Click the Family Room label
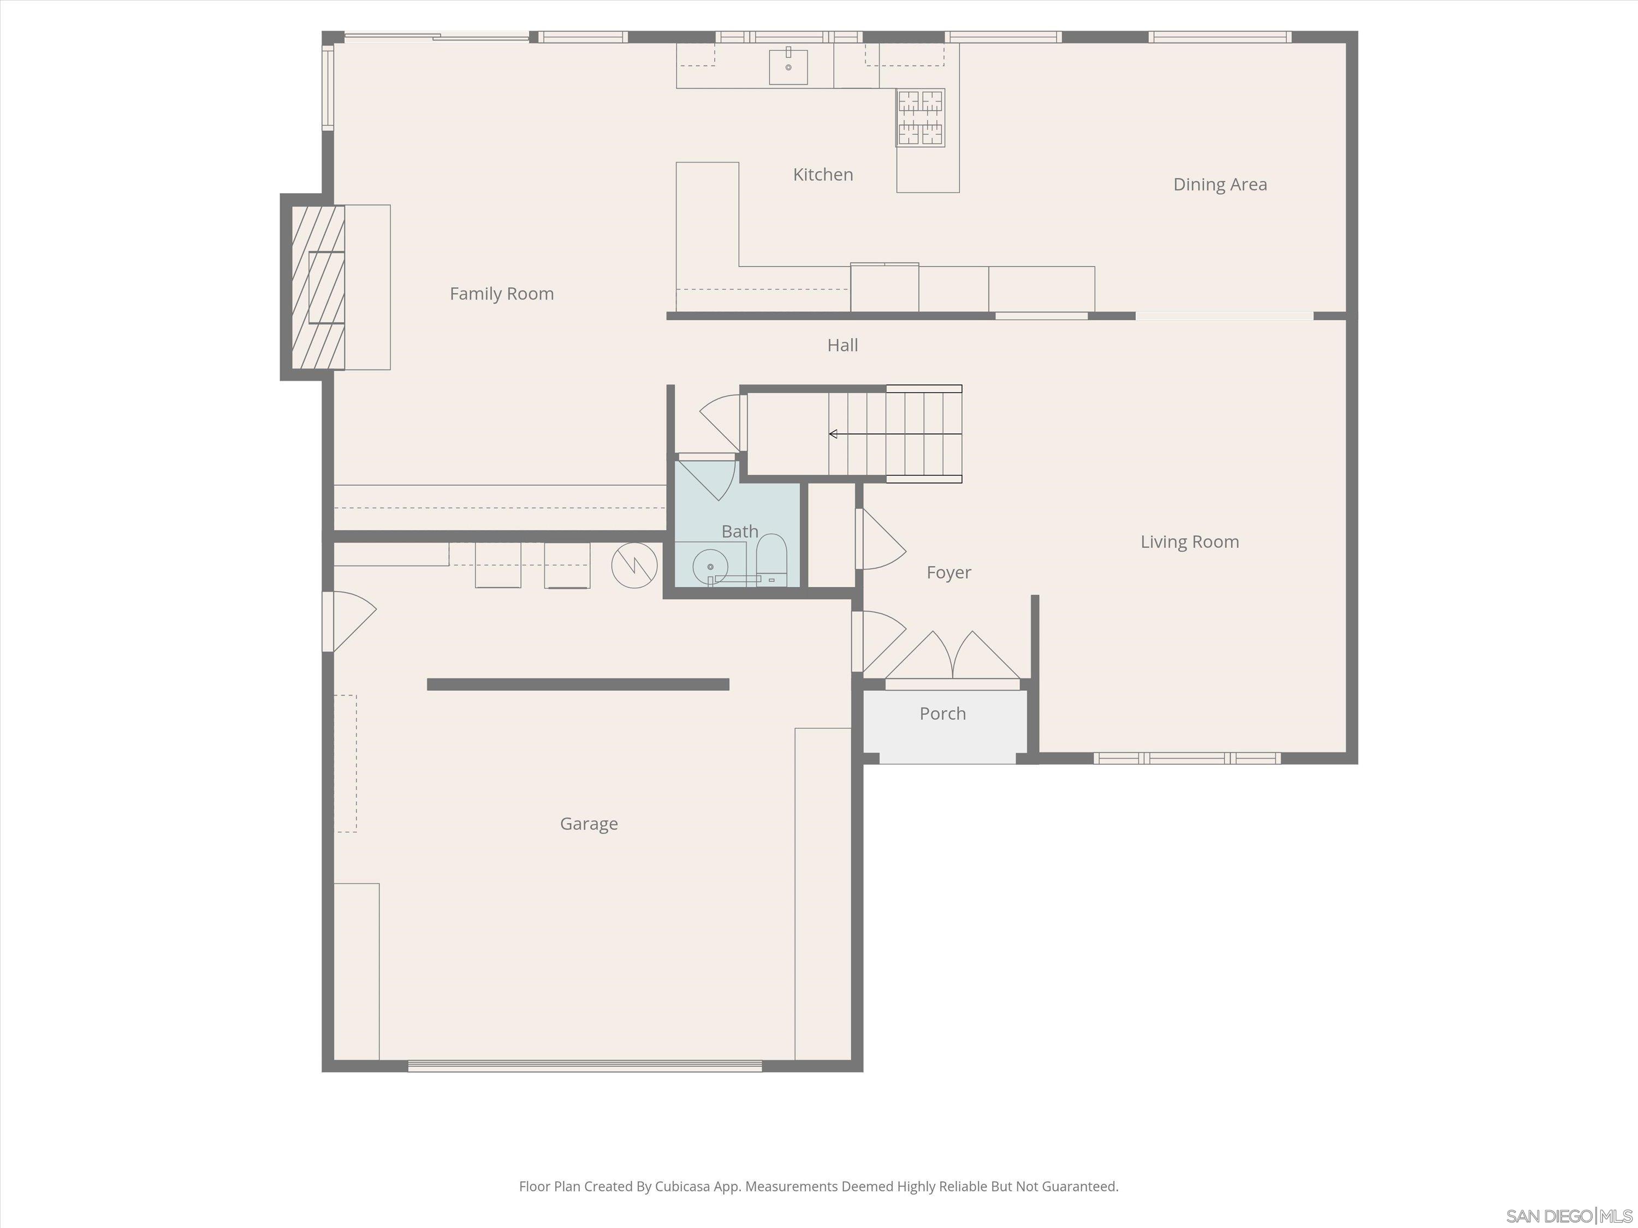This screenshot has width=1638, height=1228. click(501, 294)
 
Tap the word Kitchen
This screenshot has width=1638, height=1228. click(823, 175)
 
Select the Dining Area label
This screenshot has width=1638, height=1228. click(1220, 184)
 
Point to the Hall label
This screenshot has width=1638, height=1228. click(842, 345)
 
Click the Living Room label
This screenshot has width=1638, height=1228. click(1189, 542)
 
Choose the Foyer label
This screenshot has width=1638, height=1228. click(948, 572)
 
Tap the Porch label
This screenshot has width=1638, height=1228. click(942, 713)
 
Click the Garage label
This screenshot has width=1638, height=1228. click(589, 823)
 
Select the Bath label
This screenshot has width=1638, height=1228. click(739, 532)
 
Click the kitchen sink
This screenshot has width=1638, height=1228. click(788, 67)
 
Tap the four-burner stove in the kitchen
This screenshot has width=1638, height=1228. click(921, 118)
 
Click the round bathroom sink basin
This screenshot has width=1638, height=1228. click(709, 567)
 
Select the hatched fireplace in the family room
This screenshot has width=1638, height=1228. click(318, 287)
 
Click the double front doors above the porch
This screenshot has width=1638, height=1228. click(952, 657)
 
